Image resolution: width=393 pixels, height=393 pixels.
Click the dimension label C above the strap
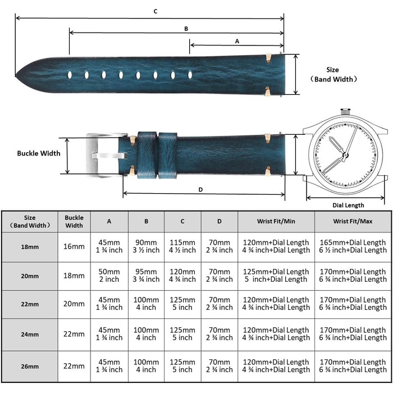(x=156, y=12)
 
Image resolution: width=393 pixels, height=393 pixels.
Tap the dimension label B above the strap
(x=186, y=29)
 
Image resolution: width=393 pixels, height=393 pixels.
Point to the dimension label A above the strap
(x=237, y=41)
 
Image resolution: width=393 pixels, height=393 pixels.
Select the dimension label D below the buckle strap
(x=200, y=190)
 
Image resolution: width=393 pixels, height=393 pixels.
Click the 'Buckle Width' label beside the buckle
(x=39, y=153)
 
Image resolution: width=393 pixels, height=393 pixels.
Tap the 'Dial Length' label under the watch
(x=348, y=205)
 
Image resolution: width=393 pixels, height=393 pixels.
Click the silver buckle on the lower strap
(x=106, y=156)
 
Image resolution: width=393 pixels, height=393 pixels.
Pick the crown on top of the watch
(x=345, y=112)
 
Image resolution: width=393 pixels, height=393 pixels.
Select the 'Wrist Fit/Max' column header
(x=353, y=221)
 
